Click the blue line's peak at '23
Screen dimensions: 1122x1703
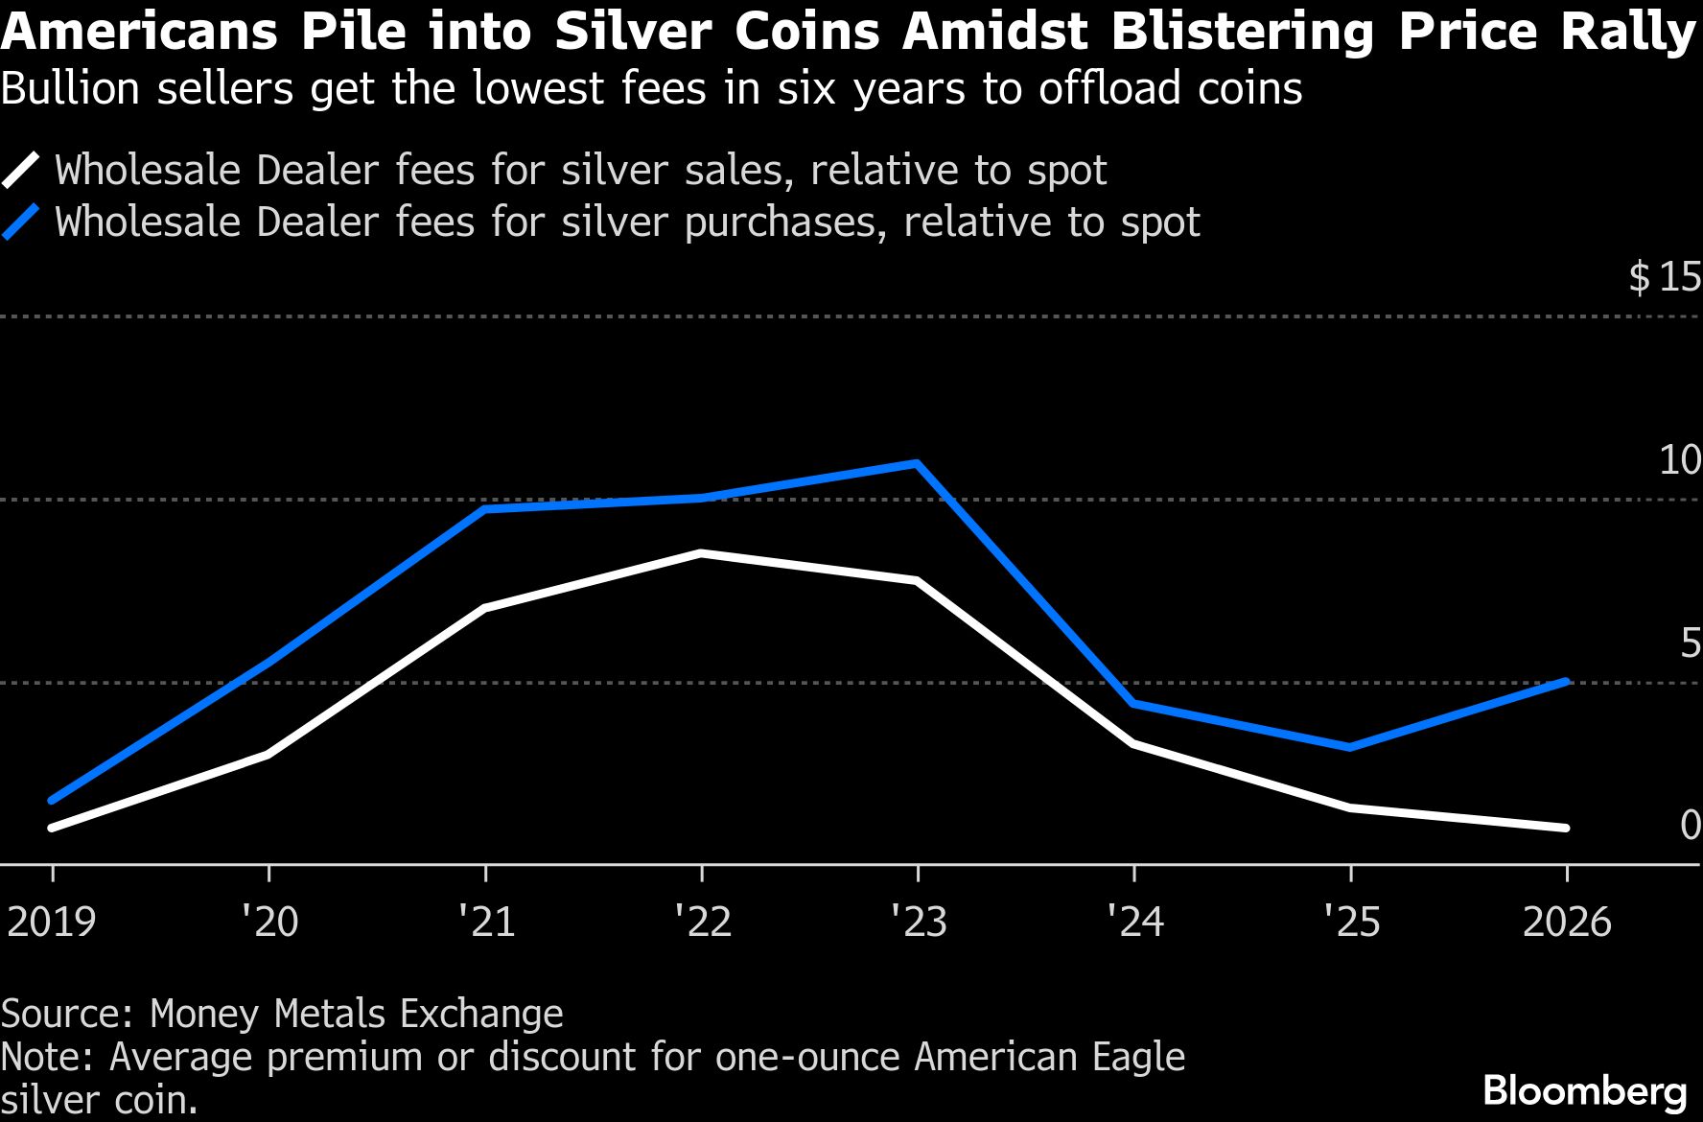coord(918,464)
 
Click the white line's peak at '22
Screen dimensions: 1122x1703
coord(702,553)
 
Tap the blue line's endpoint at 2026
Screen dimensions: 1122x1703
coord(1567,682)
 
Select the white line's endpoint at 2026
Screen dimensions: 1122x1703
coord(1567,828)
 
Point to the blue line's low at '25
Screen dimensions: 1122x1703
coord(1350,747)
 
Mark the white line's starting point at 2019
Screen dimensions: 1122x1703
coord(52,828)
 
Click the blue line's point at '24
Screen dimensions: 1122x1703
coord(1133,704)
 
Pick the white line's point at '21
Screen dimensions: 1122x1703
coord(485,609)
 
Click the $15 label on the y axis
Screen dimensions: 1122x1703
coord(1665,277)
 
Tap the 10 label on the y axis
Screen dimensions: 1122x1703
coord(1680,460)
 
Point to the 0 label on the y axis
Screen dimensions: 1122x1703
coord(1691,825)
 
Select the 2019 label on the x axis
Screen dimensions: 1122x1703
coord(52,922)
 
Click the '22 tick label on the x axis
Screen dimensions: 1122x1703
coord(702,922)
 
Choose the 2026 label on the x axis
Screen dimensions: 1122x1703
coord(1567,922)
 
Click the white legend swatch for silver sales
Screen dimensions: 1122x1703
coord(21,171)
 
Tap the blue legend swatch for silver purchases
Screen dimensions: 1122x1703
coord(21,222)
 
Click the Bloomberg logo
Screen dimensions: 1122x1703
coord(1584,1091)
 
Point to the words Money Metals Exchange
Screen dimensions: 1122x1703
coord(357,1014)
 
